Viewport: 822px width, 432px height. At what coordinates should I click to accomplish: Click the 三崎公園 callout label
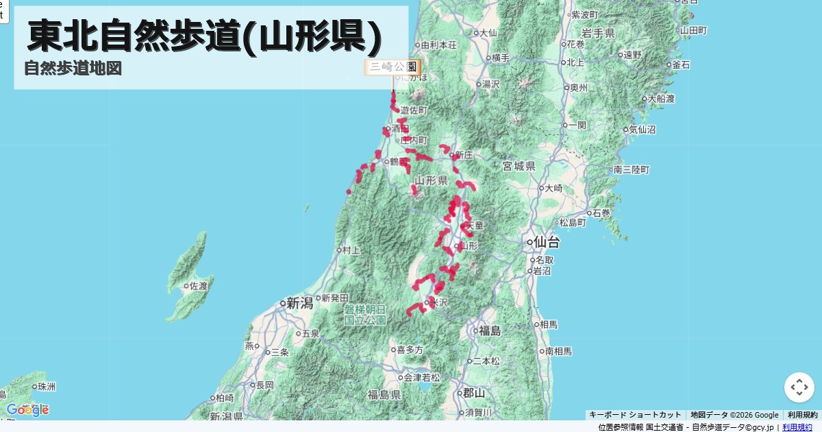393,67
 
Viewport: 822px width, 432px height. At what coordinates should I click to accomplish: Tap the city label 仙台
546,242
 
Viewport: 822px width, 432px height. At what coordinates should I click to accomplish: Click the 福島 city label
490,331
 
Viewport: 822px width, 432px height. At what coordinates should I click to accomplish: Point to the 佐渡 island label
198,285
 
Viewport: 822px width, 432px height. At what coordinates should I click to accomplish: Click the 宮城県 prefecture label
519,166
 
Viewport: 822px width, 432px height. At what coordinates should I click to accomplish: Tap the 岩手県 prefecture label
598,33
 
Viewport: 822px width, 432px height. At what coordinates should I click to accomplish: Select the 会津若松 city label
422,377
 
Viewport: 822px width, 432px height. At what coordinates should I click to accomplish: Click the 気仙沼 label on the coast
642,129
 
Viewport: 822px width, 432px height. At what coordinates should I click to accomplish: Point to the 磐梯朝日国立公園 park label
364,314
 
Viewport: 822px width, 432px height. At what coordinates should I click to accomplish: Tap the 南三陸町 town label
632,169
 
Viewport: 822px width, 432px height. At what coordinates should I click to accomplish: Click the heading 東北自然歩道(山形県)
204,36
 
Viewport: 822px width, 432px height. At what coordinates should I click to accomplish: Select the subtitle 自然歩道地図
73,69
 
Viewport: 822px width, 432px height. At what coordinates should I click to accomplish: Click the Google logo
27,410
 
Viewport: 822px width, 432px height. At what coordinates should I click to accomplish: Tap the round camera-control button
799,387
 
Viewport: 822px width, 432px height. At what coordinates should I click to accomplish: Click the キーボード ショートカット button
635,415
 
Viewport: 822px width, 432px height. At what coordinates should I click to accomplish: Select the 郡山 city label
473,393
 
